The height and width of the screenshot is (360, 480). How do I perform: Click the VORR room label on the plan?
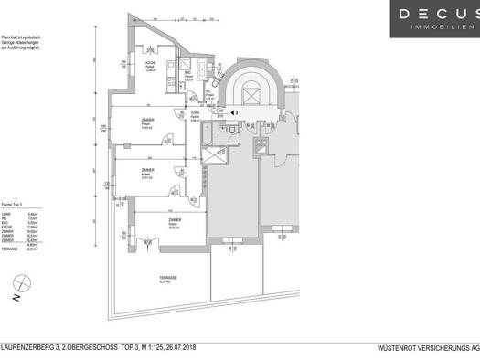pos(208,115)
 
